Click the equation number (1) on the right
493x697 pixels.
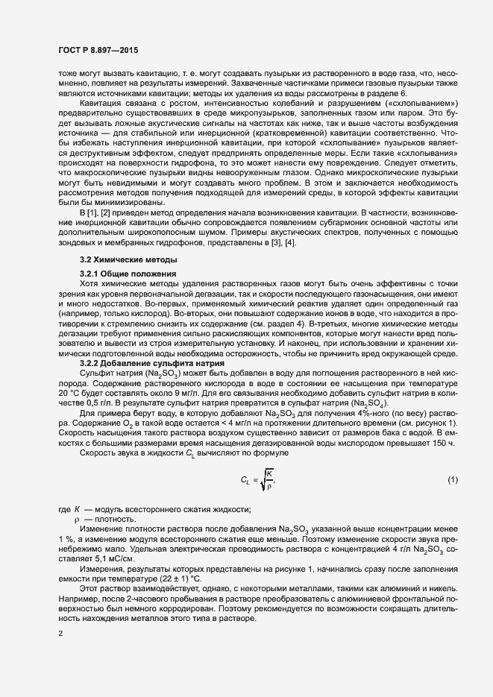(x=452, y=479)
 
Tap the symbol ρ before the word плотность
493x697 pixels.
(x=76, y=518)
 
